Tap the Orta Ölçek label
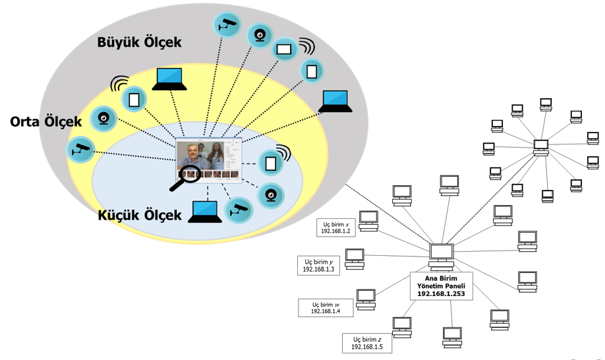45,122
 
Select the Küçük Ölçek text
139,216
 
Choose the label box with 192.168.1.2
337,228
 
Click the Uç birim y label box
318,265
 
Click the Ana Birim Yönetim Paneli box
441,285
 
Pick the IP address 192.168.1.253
441,294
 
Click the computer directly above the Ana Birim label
441,255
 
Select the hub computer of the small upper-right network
541,147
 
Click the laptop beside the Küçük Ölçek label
206,212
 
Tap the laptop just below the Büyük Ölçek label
169,79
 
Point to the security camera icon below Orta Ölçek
81,149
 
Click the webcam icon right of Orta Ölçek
103,118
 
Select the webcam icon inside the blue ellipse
270,194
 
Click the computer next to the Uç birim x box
368,221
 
